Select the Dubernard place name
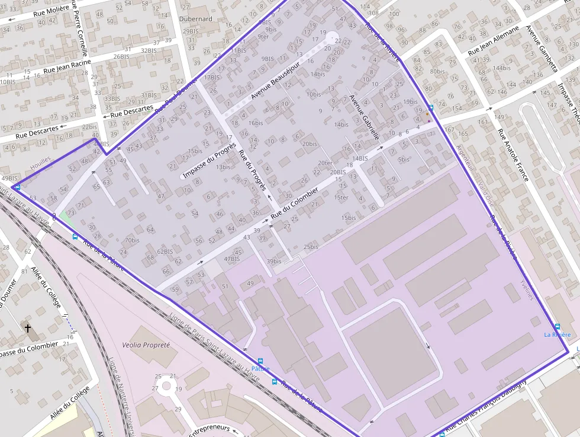[x=195, y=18]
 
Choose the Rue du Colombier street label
[x=295, y=202]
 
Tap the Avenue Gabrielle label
[x=364, y=117]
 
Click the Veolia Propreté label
[x=146, y=345]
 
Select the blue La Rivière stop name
[x=558, y=335]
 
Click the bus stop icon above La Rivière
[x=557, y=326]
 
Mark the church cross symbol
[x=27, y=328]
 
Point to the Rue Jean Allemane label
[x=493, y=40]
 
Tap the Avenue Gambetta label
[x=542, y=47]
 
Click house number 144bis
[x=501, y=68]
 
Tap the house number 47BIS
[x=232, y=259]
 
